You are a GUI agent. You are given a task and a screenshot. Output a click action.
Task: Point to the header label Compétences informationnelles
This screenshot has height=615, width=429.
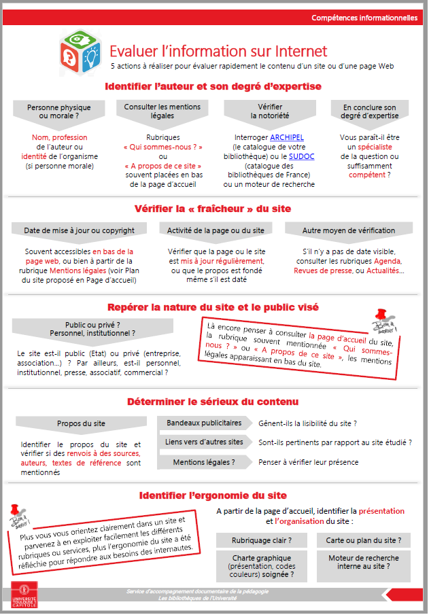(x=364, y=18)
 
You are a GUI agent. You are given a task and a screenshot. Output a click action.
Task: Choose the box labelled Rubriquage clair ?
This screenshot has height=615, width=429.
(x=262, y=541)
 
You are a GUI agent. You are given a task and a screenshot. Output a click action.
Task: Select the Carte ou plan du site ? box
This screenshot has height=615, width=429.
(x=363, y=541)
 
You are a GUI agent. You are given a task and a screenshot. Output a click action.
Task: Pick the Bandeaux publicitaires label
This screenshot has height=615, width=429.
(x=204, y=423)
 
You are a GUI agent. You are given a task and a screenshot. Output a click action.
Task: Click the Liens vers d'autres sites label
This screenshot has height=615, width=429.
(x=204, y=442)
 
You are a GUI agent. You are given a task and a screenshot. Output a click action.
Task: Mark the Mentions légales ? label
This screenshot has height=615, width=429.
(x=204, y=462)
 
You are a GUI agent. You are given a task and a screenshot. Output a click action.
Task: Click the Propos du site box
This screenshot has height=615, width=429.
(x=81, y=423)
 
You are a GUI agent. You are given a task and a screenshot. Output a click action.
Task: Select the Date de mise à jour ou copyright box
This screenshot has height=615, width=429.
(x=80, y=230)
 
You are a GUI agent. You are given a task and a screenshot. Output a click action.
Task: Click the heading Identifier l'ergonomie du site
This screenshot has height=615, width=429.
(x=213, y=495)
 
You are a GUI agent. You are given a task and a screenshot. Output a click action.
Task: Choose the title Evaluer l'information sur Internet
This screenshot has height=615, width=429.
(x=218, y=52)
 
